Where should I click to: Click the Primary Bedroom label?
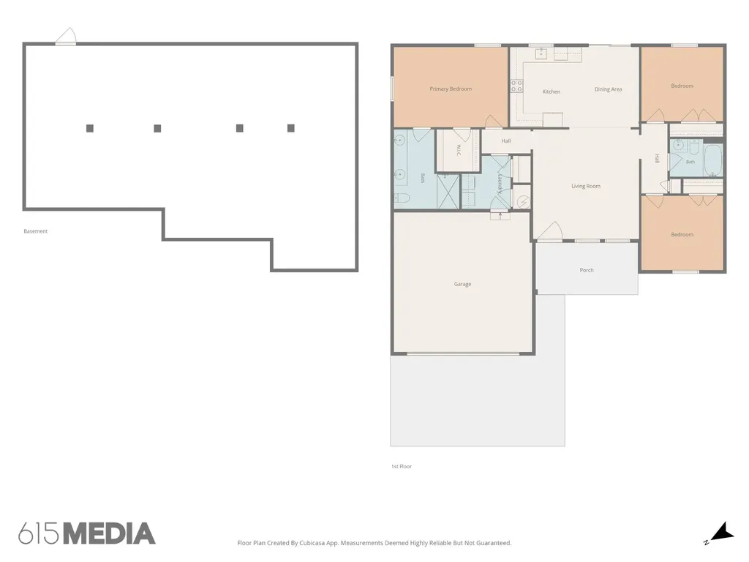click(451, 89)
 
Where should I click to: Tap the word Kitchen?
click(552, 91)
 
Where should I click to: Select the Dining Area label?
click(608, 89)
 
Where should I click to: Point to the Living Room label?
click(586, 186)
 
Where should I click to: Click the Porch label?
click(587, 270)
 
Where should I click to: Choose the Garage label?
click(462, 284)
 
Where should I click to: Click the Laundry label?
click(500, 184)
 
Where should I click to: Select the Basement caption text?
click(36, 231)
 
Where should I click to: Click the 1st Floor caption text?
click(402, 466)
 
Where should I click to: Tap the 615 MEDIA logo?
click(87, 533)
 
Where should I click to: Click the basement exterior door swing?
click(66, 36)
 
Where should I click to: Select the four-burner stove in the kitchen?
click(516, 86)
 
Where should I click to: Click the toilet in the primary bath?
click(402, 198)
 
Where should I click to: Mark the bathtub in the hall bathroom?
click(712, 160)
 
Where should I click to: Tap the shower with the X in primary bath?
click(448, 191)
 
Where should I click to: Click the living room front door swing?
click(550, 231)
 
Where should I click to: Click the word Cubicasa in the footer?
click(312, 543)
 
